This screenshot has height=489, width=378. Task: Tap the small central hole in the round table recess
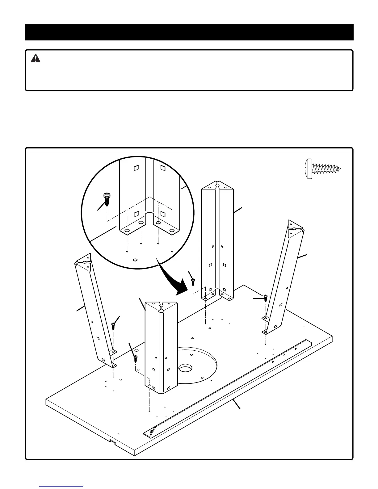(185, 368)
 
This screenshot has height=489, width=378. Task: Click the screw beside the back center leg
(193, 282)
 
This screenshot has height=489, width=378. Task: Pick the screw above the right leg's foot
(265, 298)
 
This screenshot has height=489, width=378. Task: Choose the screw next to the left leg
(113, 325)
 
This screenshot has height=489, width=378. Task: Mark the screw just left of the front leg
(135, 358)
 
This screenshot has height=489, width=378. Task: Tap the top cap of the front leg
(161, 307)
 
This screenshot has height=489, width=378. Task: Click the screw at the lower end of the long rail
(151, 432)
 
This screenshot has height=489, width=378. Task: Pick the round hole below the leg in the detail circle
(134, 260)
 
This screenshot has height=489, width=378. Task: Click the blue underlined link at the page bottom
(61, 486)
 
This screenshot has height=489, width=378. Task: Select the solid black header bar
(189, 32)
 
